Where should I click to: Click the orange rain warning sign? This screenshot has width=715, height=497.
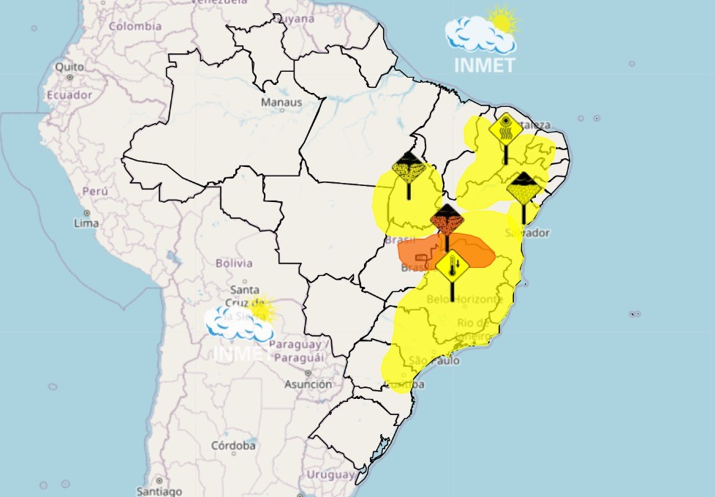(447, 220)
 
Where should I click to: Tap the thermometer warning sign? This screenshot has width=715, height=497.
(453, 267)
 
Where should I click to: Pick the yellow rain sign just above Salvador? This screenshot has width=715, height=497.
(523, 190)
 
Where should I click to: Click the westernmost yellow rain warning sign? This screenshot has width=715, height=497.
(409, 169)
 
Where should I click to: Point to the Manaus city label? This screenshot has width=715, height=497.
(281, 102)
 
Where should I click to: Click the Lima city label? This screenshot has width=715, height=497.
(86, 223)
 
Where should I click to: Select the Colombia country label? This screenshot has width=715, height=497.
(135, 26)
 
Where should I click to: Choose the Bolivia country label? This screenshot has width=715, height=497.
(234, 263)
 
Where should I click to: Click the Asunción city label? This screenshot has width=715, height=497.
(308, 384)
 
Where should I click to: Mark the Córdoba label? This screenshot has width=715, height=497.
(233, 445)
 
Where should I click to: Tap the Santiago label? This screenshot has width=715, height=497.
(159, 491)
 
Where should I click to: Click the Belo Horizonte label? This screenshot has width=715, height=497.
(464, 299)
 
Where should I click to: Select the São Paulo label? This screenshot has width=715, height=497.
(434, 360)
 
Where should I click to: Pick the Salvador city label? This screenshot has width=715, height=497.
(532, 233)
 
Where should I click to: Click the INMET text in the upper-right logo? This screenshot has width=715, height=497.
(485, 65)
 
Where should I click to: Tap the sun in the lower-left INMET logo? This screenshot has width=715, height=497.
(261, 310)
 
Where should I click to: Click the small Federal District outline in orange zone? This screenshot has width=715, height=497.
(422, 257)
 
